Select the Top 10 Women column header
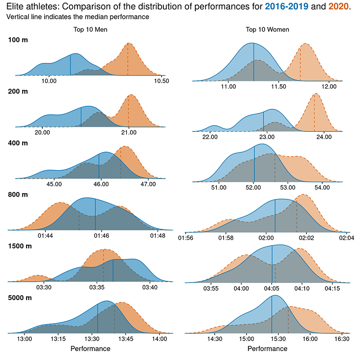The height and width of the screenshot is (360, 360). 267,30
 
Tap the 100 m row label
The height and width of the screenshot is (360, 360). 18,40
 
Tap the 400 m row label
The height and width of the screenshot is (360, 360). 18,143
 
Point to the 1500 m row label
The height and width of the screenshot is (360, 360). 20,246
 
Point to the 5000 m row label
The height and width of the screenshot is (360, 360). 20,298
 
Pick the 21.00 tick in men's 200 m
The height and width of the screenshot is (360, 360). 129,133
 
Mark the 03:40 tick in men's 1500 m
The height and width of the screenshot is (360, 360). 150,287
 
